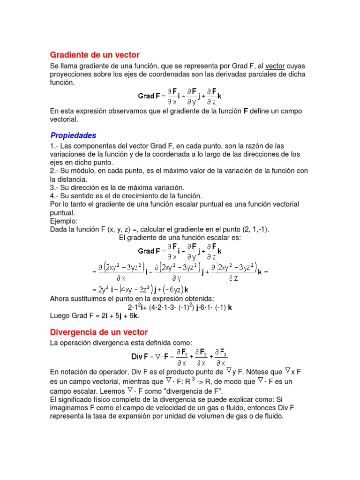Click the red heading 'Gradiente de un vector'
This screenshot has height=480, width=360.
[95, 55]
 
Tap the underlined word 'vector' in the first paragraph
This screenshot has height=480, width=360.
[275, 66]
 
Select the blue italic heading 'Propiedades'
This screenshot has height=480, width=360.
[73, 135]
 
